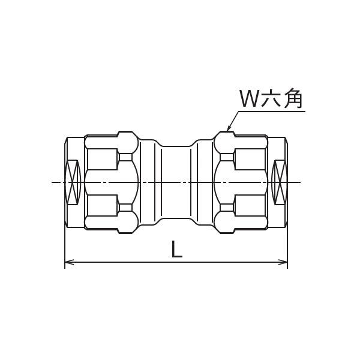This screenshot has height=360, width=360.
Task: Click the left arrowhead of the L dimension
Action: (x=68, y=262)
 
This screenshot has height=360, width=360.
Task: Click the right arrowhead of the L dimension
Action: (x=284, y=262)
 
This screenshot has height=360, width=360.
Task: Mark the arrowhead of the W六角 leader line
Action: (x=229, y=128)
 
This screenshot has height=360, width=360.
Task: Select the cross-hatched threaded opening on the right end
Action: (x=279, y=181)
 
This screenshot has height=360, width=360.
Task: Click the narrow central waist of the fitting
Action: (x=176, y=181)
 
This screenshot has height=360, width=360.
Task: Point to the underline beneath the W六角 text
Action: (x=270, y=110)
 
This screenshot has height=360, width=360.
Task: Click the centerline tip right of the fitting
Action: (x=300, y=181)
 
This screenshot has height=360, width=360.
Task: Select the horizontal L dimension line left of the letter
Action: (x=120, y=262)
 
